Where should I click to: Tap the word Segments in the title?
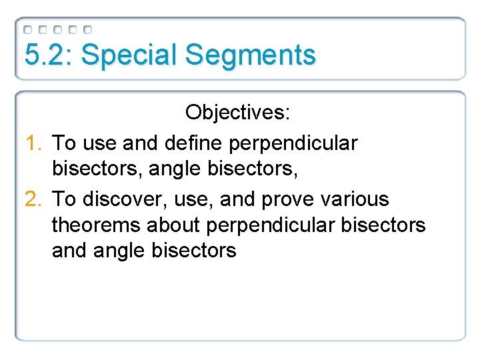[251, 55]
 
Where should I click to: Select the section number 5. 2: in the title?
[49, 55]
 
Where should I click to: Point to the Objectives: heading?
[238, 112]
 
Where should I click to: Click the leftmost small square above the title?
[27, 30]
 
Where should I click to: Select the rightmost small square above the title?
[88, 30]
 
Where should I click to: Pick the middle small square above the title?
[58, 30]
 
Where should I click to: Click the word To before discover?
[63, 199]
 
